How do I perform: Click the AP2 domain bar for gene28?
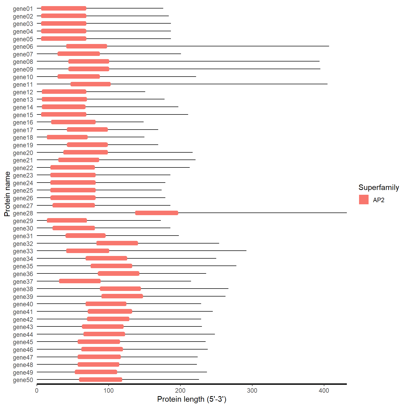[x=157, y=213]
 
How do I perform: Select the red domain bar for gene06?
[x=87, y=46]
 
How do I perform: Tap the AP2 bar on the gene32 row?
[x=117, y=243]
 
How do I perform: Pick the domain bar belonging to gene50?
[x=101, y=380]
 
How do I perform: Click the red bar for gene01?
[x=64, y=8]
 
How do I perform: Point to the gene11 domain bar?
[x=91, y=84]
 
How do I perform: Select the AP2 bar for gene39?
[x=122, y=296]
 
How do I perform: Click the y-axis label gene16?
[x=23, y=122]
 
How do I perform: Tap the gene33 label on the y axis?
[x=23, y=251]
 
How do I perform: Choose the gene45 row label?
[x=23, y=342]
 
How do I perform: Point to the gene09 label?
[x=23, y=69]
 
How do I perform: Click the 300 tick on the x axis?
[x=252, y=390]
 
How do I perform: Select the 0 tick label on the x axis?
[x=37, y=390]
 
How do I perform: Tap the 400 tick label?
[x=324, y=390]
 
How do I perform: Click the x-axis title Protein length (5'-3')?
[x=192, y=399]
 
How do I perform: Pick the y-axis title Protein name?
[x=7, y=194]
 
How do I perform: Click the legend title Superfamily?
[x=379, y=187]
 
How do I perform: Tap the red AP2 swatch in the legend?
[x=364, y=200]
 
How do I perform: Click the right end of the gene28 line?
[x=346, y=213]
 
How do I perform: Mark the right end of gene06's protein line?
[x=329, y=46]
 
